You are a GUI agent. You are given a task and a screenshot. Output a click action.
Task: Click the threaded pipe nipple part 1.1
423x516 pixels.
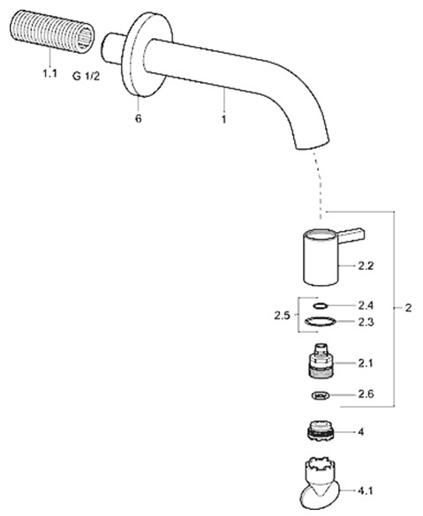(x=52, y=31)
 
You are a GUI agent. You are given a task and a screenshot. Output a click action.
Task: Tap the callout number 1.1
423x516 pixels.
(x=49, y=73)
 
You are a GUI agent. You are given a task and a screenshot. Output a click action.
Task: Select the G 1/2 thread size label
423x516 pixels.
(x=86, y=77)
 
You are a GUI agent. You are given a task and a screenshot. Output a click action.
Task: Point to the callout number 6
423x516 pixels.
(x=139, y=118)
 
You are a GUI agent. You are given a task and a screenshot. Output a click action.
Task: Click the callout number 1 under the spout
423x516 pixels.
(x=224, y=119)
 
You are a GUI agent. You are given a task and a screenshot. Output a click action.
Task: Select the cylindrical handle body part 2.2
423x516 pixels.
(x=321, y=258)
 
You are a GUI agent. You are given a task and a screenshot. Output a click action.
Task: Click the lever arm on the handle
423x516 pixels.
(x=351, y=236)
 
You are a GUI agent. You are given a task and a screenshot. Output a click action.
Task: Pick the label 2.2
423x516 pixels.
(x=366, y=265)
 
